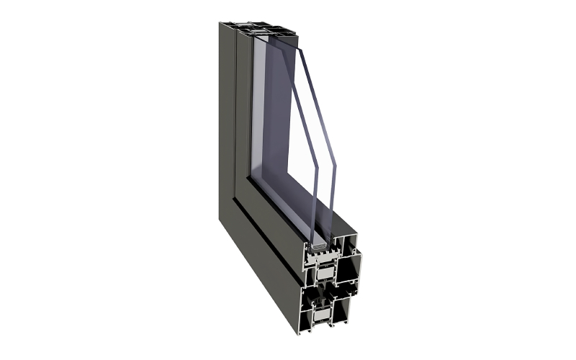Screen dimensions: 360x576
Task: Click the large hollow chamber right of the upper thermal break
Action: pos(348,269)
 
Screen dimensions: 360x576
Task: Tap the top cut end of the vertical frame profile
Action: pos(259,30)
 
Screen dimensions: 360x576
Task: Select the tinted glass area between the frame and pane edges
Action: pos(277,122)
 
